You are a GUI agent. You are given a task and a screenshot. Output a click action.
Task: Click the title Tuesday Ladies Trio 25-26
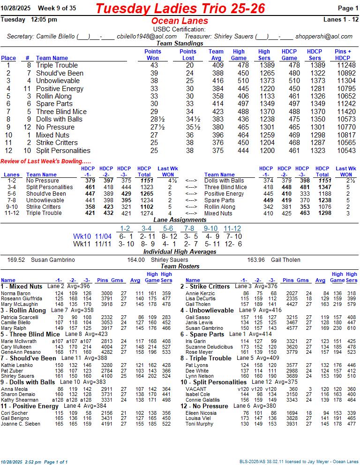coord(180,8)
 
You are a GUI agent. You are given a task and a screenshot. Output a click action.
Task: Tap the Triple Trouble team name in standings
coord(57,65)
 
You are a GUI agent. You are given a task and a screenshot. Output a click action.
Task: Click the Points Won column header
coord(153,55)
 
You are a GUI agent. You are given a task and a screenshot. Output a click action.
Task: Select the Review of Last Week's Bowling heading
coord(46,162)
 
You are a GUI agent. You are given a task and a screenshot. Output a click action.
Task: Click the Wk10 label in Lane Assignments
coord(82,237)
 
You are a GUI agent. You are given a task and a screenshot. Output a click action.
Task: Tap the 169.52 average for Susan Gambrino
coord(16,259)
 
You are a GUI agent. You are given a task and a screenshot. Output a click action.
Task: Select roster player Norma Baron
coord(16,294)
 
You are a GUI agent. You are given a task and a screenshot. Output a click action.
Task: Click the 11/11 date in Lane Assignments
coord(103,244)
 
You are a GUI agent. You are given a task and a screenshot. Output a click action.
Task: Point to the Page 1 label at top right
coord(348,8)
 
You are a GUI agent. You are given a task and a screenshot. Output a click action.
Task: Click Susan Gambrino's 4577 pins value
coord(290,328)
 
